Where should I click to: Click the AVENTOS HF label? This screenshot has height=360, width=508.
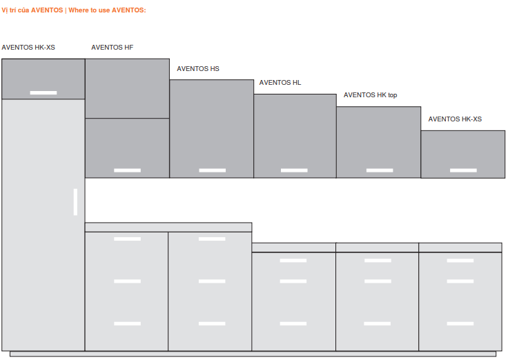tap(112, 48)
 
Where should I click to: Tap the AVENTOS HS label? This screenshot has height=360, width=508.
tap(198, 69)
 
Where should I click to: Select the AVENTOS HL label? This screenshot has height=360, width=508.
tap(280, 83)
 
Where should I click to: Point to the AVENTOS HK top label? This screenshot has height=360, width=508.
tap(371, 95)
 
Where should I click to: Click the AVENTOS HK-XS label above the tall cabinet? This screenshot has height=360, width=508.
tap(28, 48)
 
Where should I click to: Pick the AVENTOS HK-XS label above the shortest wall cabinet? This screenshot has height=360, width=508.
tap(455, 119)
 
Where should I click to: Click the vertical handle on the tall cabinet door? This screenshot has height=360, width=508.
tap(75, 202)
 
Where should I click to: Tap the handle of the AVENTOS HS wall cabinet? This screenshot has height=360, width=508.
tap(212, 170)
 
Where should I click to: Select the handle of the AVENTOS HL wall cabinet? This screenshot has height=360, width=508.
tap(294, 170)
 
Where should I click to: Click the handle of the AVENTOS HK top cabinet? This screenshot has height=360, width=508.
tap(380, 170)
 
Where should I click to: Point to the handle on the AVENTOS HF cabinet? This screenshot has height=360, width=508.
tap(127, 170)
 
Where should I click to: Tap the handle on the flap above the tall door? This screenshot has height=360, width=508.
tap(43, 93)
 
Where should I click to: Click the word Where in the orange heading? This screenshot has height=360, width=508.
tap(78, 10)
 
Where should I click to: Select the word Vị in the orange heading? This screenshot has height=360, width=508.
tap(4, 10)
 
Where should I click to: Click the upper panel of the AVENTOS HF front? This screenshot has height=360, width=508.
tap(127, 88)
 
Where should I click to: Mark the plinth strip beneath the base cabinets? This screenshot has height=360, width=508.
tap(253, 354)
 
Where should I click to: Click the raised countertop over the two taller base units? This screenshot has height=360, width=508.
tap(168, 228)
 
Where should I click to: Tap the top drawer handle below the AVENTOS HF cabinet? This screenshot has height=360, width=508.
tap(127, 239)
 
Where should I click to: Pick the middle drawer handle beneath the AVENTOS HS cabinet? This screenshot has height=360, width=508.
tap(212, 281)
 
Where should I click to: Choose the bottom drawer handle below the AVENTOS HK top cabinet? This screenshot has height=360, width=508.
tap(378, 323)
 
